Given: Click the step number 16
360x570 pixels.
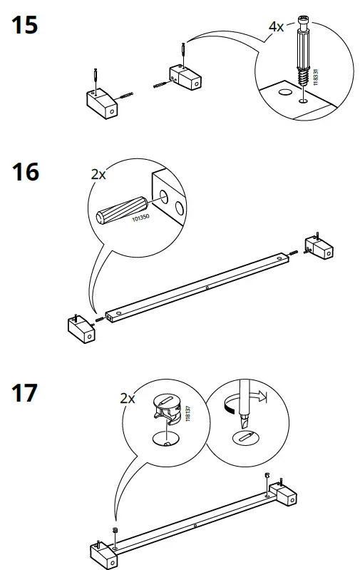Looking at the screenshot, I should [25, 173].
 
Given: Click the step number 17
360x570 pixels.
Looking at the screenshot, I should [25, 393].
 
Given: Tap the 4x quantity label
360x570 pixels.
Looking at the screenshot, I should [276, 26].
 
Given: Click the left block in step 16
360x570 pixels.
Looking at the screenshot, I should [80, 328].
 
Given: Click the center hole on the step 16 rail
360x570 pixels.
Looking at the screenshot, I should [206, 287].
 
